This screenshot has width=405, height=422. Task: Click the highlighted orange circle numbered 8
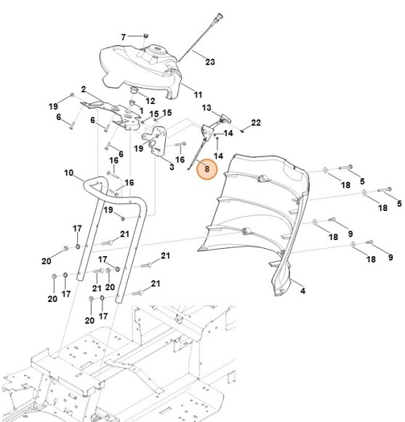[207, 169]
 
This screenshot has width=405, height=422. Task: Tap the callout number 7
[123, 36]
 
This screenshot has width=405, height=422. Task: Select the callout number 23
[210, 62]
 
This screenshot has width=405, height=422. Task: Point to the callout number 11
[198, 95]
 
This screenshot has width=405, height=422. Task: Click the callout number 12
[151, 100]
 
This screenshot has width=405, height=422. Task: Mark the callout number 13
[206, 108]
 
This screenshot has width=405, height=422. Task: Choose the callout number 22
[256, 122]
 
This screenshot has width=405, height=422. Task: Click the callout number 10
[68, 173]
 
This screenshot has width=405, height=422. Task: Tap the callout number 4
[302, 291]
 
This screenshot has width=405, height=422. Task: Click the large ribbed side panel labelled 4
[262, 218]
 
